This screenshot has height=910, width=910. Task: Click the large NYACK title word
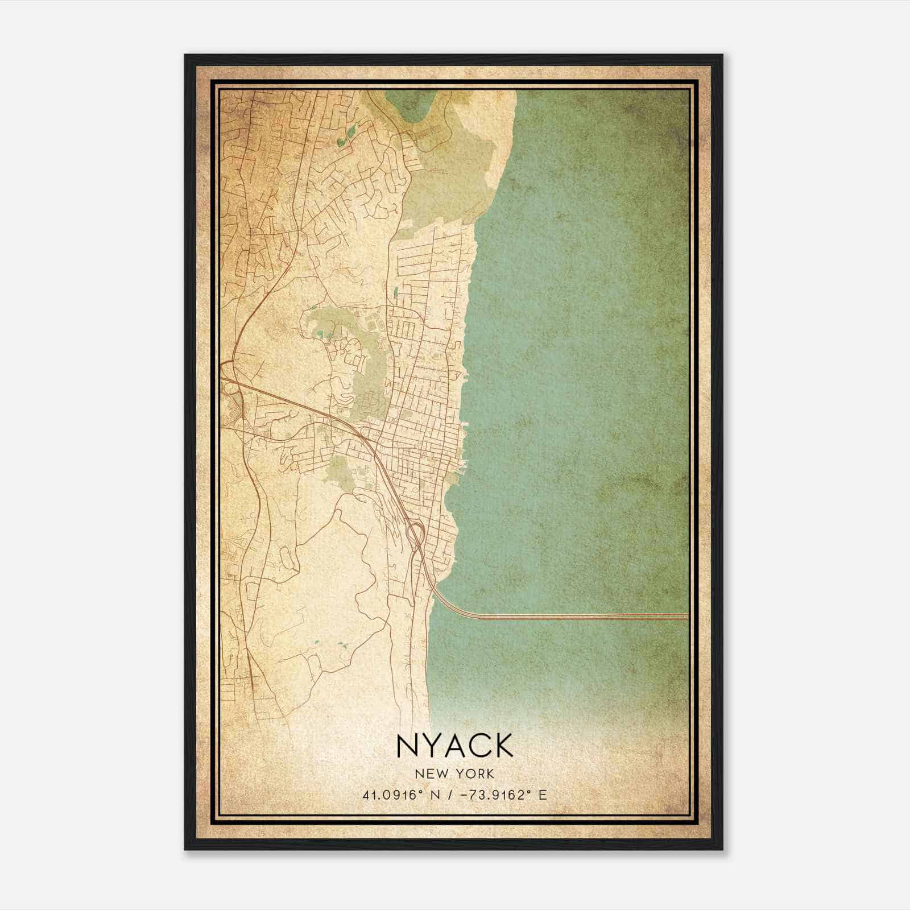pyautogui.click(x=454, y=746)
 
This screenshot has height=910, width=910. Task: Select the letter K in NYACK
pyautogui.click(x=503, y=746)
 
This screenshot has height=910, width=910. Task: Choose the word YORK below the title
pyautogui.click(x=473, y=773)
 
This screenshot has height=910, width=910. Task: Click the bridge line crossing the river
pyautogui.click(x=569, y=616)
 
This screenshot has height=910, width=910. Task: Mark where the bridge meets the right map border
pyautogui.click(x=687, y=616)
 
